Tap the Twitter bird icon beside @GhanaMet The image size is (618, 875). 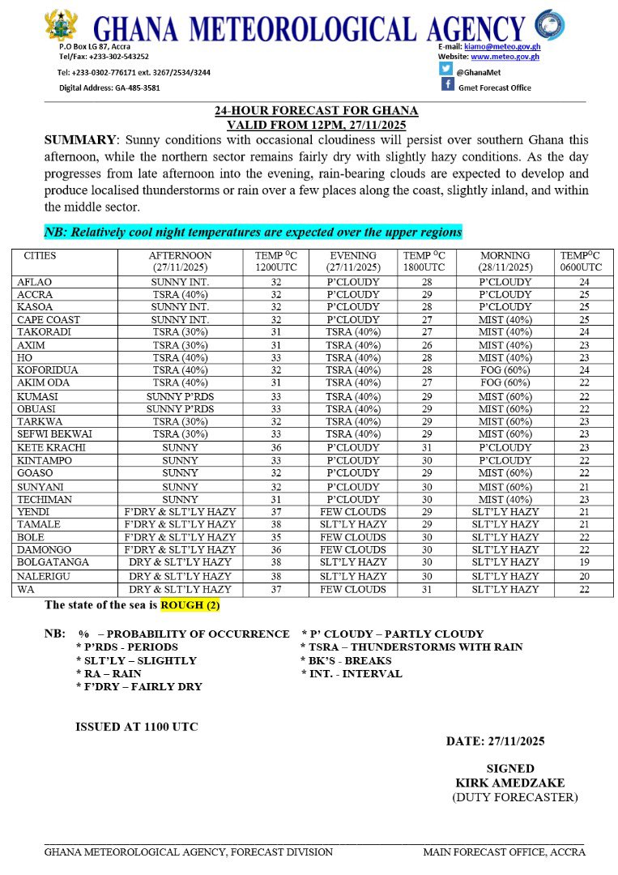pyautogui.click(x=446, y=70)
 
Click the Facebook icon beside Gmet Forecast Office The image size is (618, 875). pyautogui.click(x=446, y=86)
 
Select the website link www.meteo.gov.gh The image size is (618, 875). pyautogui.click(x=505, y=57)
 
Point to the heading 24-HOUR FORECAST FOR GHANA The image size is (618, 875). pyautogui.click(x=316, y=110)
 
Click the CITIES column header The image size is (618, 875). pyautogui.click(x=40, y=255)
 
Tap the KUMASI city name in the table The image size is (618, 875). pyautogui.click(x=36, y=397)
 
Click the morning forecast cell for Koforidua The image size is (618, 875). pyautogui.click(x=505, y=369)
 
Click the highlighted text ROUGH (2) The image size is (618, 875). pyautogui.click(x=190, y=605)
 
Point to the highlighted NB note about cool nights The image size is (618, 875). pyautogui.click(x=253, y=232)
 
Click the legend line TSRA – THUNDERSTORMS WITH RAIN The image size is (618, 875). pyautogui.click(x=411, y=647)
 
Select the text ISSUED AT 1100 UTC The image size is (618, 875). pyautogui.click(x=136, y=727)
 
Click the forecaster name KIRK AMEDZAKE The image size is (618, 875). pyautogui.click(x=510, y=783)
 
